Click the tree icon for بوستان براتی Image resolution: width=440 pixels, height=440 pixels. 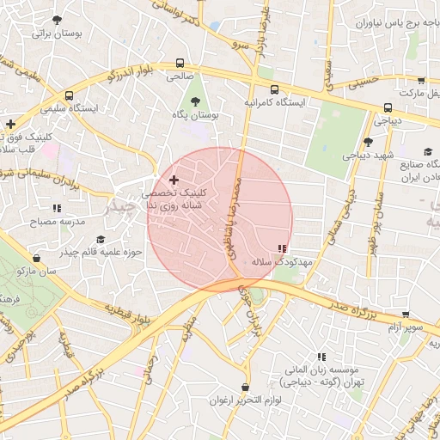(x=58, y=20)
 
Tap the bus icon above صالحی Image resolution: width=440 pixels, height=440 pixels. (x=180, y=63)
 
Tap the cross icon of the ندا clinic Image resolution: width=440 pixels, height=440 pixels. (x=175, y=180)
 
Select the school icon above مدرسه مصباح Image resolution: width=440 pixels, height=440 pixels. (x=57, y=208)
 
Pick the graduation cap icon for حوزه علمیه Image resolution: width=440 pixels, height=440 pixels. (x=101, y=240)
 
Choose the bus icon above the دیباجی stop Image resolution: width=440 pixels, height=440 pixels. (x=388, y=108)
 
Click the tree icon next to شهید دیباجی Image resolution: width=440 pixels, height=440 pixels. (x=367, y=143)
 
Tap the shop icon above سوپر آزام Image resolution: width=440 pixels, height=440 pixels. (x=405, y=315)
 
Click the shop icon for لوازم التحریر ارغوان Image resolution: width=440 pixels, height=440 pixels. (x=247, y=388)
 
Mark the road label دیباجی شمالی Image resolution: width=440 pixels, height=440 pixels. (x=350, y=205)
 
